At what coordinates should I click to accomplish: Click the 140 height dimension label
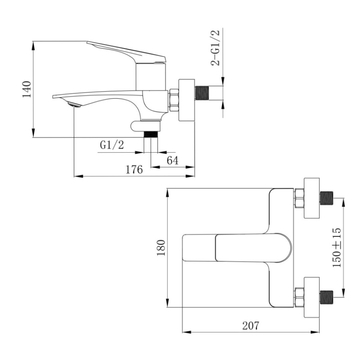point(27,89)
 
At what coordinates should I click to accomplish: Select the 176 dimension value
point(134,170)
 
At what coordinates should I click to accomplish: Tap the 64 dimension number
point(172,161)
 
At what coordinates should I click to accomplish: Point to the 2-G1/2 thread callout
point(215,48)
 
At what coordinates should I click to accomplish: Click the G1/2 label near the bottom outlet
point(112,145)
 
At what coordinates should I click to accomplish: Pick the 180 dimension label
point(161,248)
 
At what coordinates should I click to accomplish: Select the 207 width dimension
point(251,325)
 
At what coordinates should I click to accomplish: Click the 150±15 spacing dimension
point(337,248)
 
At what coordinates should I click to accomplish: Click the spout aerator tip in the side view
point(74,104)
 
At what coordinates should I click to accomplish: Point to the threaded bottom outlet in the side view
point(150,134)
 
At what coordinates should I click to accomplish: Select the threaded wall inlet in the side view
point(202,93)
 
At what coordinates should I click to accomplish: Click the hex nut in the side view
point(174,100)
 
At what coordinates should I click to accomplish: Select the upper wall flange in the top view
point(311,198)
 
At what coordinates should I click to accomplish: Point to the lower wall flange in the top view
point(311,297)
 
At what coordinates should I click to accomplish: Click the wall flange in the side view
point(186,100)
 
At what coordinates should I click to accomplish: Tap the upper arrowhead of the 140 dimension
point(33,46)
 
